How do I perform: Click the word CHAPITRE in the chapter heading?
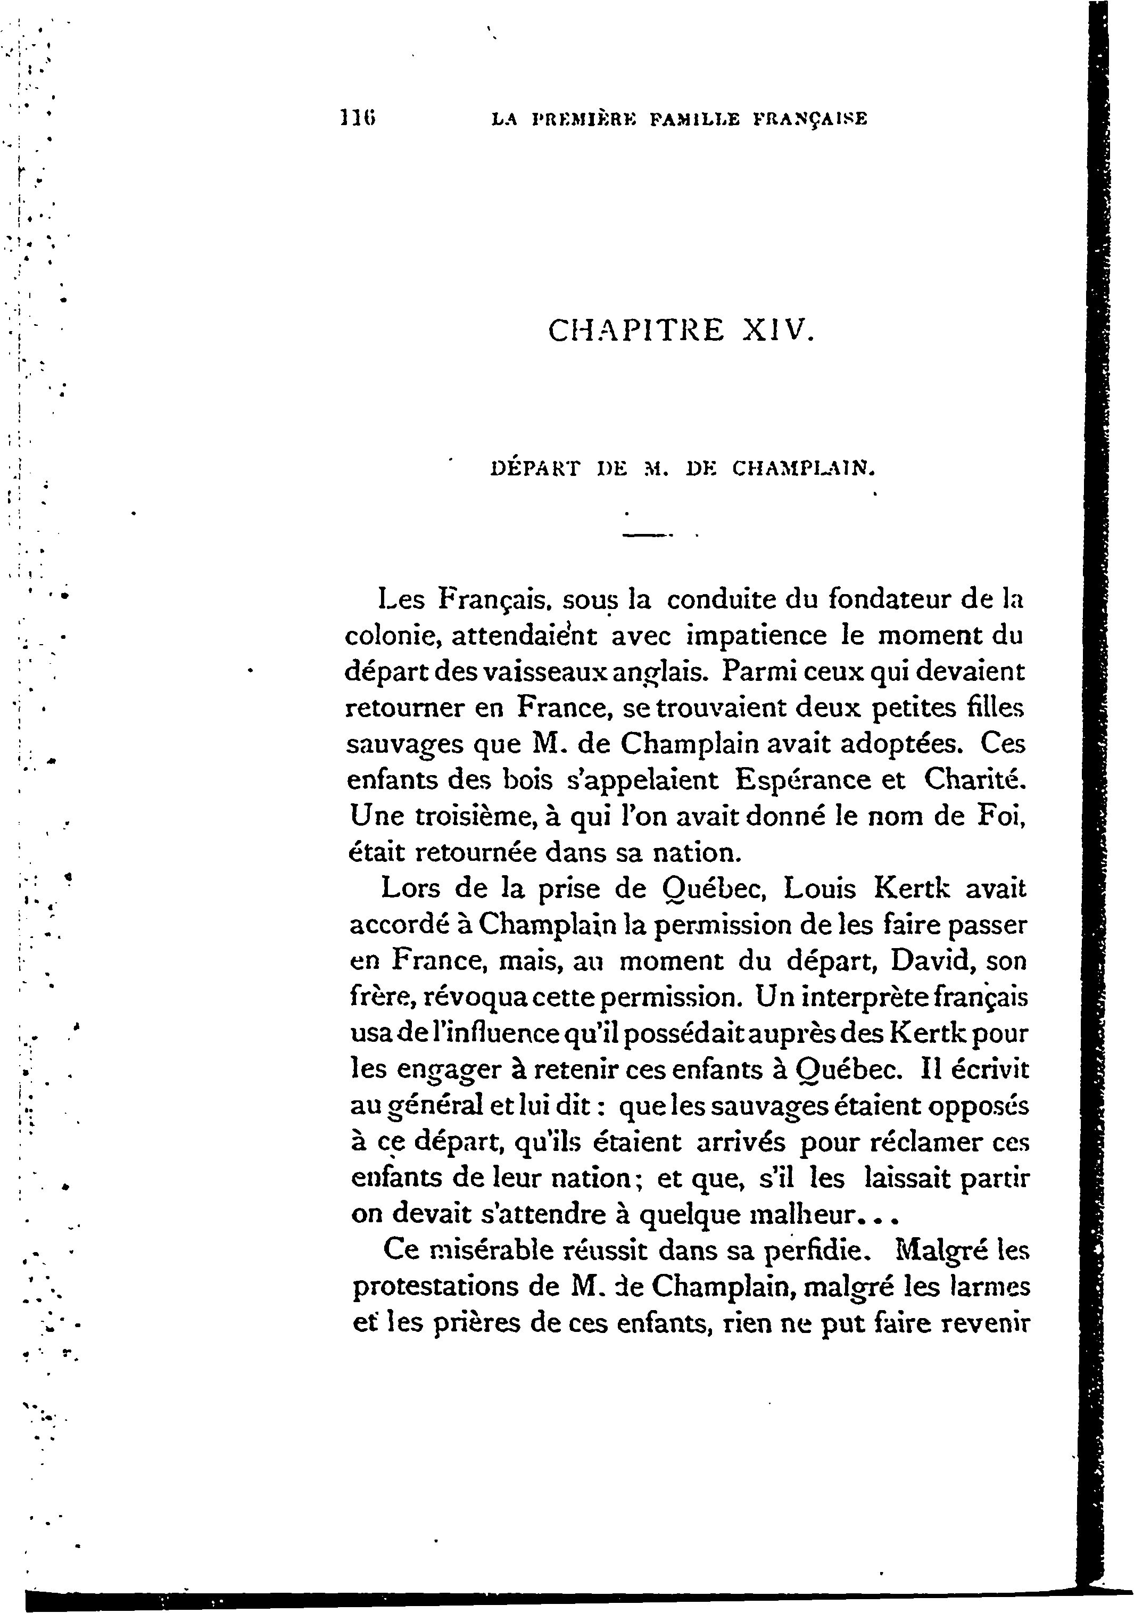click(x=635, y=330)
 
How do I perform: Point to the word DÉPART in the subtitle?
click(x=535, y=468)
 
